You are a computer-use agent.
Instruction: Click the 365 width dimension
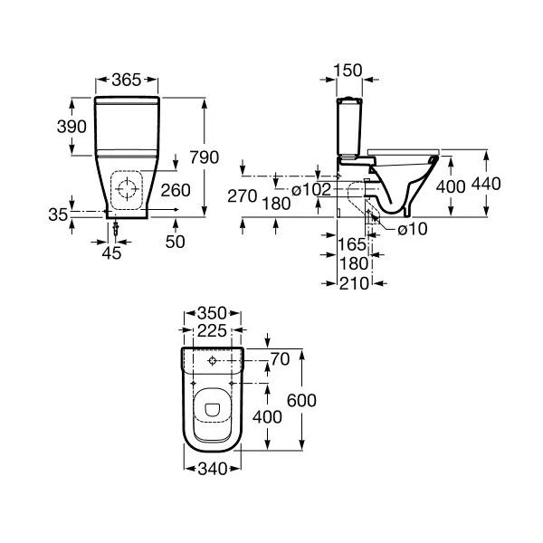click(x=127, y=81)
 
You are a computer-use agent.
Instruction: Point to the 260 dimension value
click(x=176, y=190)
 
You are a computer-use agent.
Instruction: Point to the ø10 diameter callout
click(x=412, y=230)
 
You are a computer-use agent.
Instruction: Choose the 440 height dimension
click(x=486, y=185)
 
